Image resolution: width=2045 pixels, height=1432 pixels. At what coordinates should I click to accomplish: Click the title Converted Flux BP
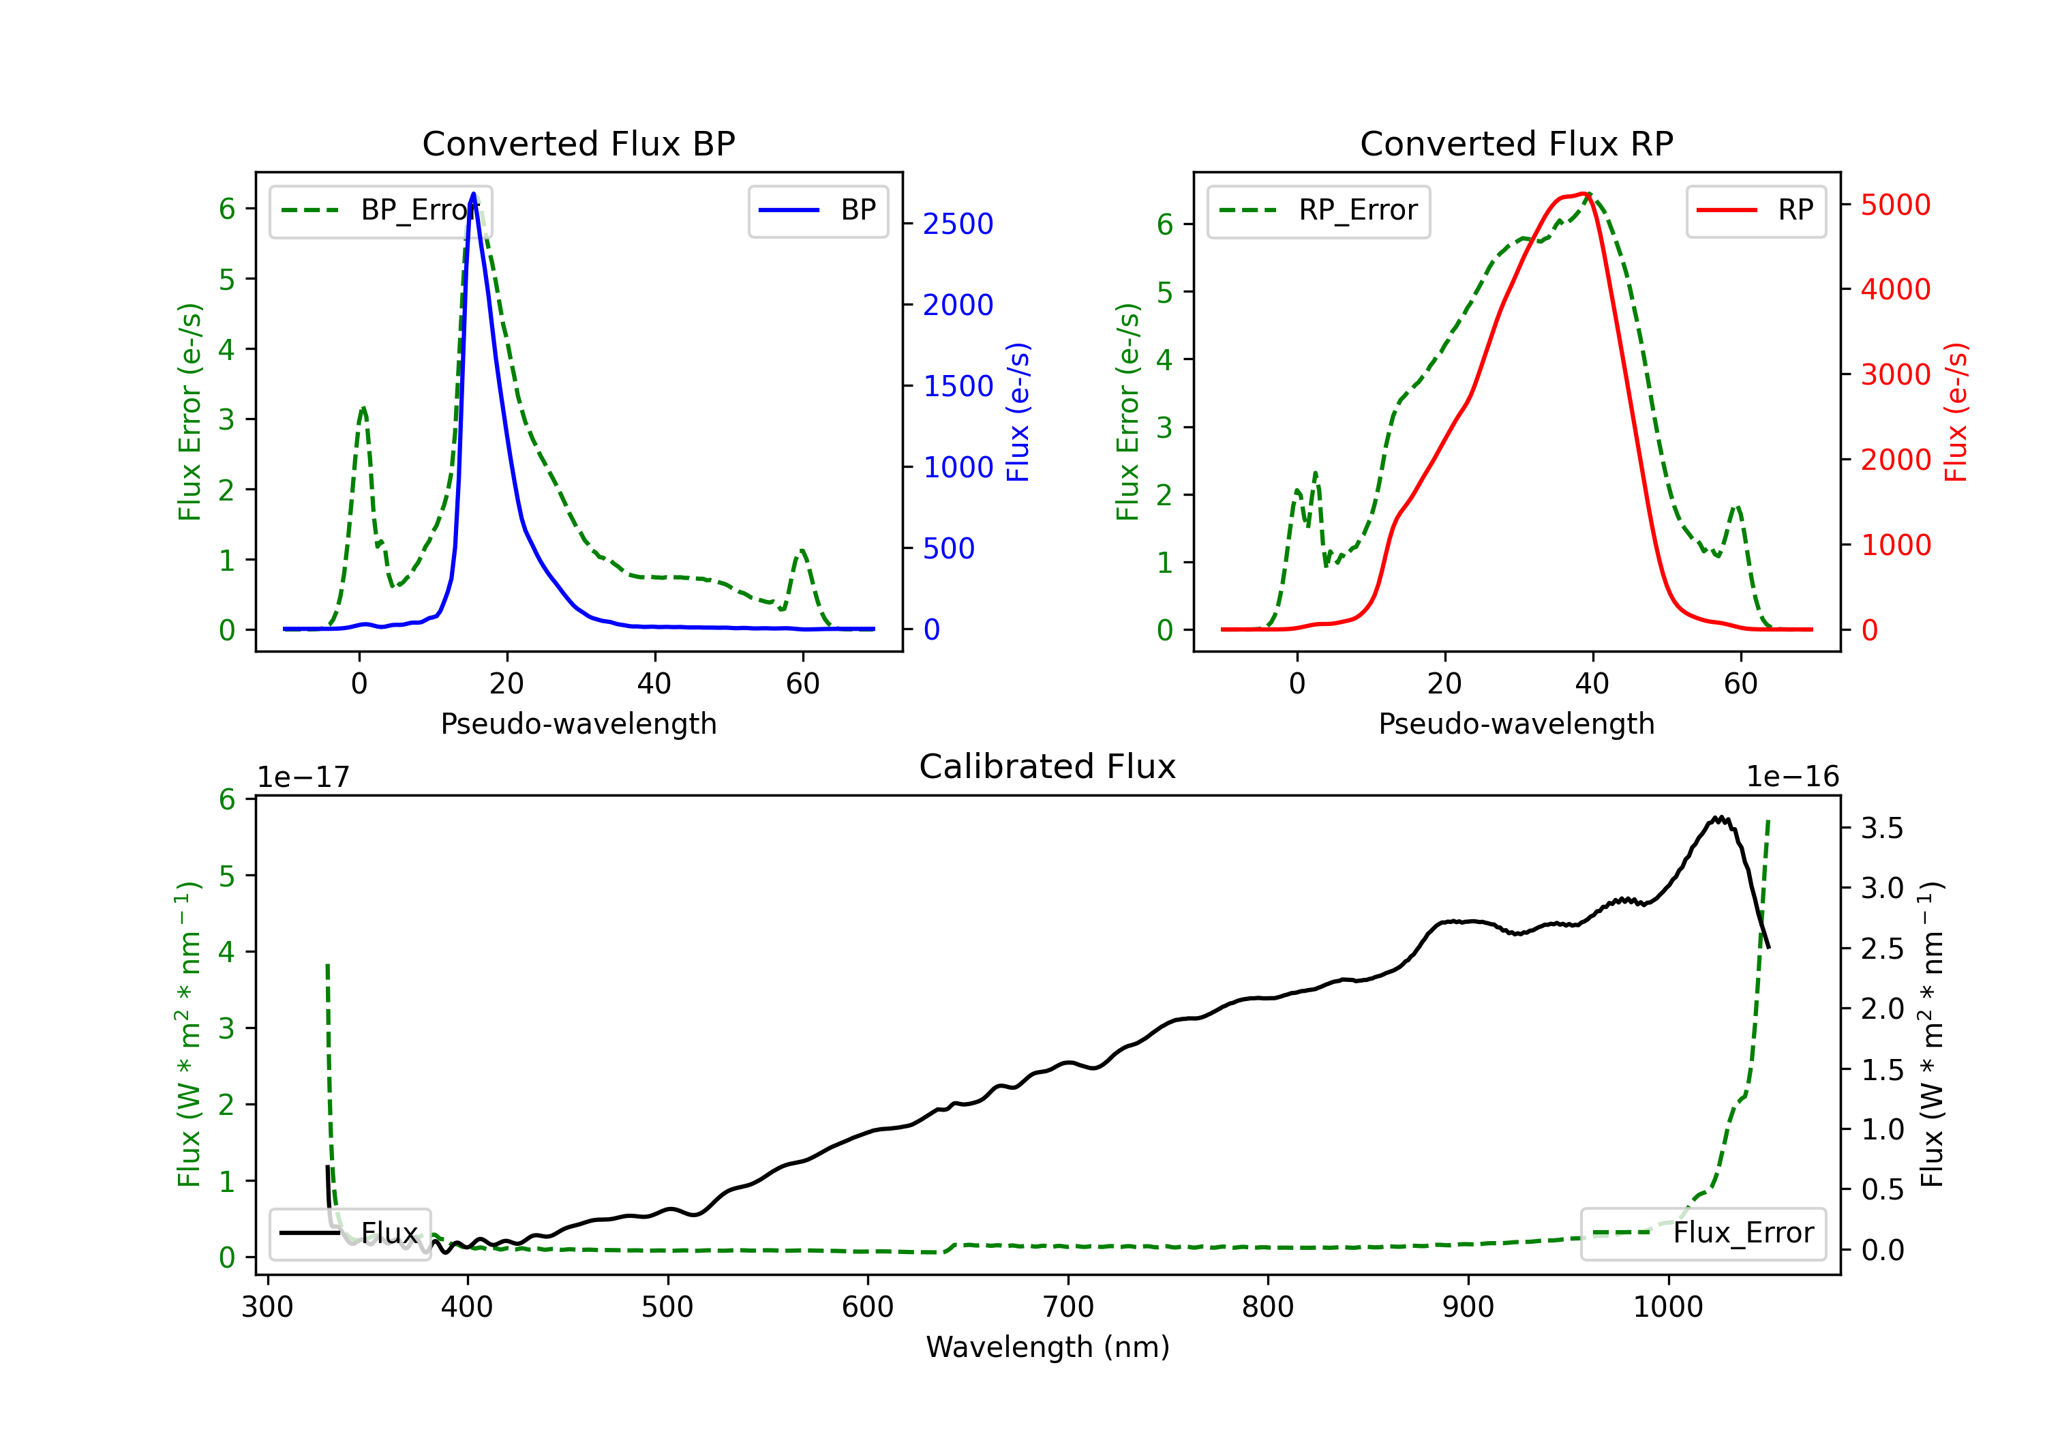pos(579,143)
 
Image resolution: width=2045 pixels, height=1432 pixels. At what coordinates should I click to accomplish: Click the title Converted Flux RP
pos(1517,143)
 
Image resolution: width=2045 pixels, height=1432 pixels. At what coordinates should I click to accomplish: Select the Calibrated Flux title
pos(1048,766)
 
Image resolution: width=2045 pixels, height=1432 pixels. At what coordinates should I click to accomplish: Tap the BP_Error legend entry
pos(380,210)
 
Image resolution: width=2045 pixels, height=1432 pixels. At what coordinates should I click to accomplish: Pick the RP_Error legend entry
pos(1318,210)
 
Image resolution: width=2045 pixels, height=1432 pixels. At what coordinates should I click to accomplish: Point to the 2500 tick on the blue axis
pos(958,224)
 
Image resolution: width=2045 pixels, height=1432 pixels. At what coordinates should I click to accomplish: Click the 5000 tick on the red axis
pos(1895,205)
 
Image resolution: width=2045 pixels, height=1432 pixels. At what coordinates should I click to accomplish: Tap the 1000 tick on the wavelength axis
pos(1668,1307)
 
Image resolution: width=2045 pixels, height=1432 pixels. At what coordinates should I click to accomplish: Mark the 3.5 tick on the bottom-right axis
pos(1882,828)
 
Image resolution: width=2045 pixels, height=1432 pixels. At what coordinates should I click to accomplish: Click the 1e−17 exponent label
pos(304,777)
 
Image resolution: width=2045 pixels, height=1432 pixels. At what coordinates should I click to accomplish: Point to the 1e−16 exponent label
pos(1793,777)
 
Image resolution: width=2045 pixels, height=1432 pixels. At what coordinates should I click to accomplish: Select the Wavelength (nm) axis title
pos(1048,1347)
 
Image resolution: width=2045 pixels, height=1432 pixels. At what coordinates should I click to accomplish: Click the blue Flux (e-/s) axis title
pos(1018,412)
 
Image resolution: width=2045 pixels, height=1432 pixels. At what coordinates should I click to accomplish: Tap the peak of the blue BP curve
pos(474,194)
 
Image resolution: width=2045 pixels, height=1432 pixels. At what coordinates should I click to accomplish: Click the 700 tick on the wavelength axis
pos(1068,1307)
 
